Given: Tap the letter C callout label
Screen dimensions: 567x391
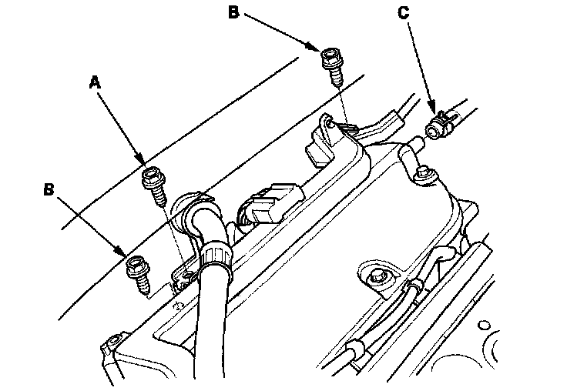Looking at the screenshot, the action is [403, 12].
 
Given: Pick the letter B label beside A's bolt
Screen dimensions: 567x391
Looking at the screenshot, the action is [49, 189].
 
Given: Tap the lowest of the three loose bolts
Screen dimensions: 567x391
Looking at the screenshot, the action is [139, 274].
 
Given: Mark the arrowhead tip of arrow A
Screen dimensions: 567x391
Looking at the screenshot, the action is [145, 165].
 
